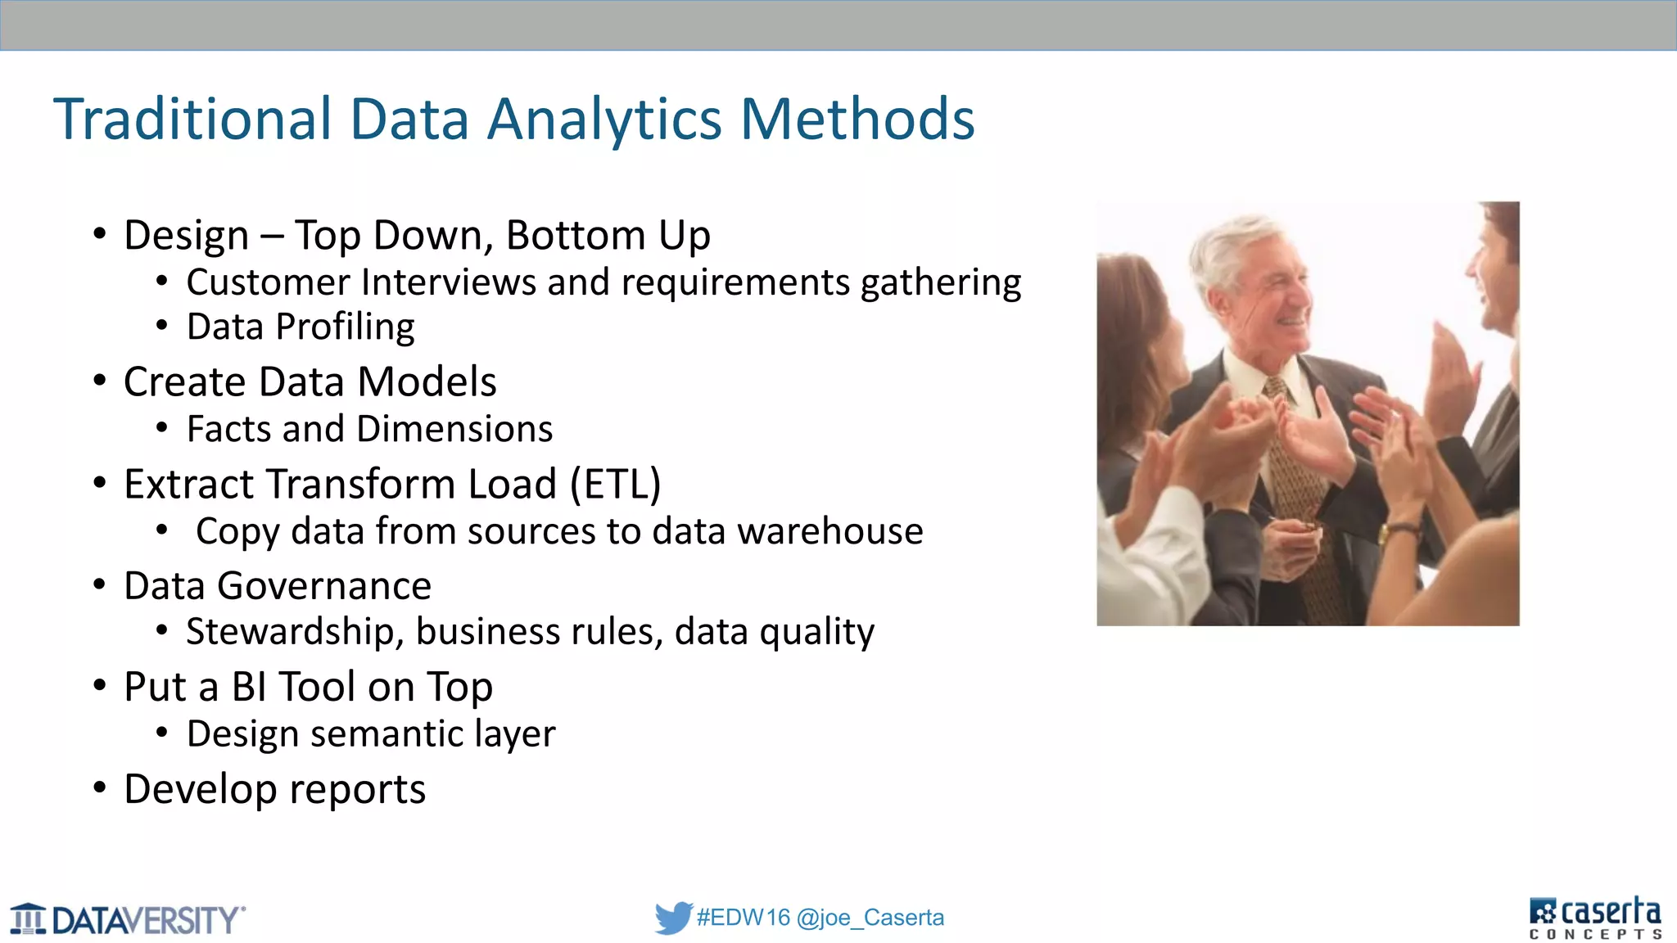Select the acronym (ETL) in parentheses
(615, 484)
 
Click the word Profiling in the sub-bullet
(345, 327)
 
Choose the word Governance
(324, 586)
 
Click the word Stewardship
(295, 631)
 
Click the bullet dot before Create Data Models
(100, 381)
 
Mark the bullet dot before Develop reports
(100, 788)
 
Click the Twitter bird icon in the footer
(673, 918)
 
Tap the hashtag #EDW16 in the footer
(743, 918)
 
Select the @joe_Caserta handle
(870, 918)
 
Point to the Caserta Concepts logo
(1595, 918)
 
